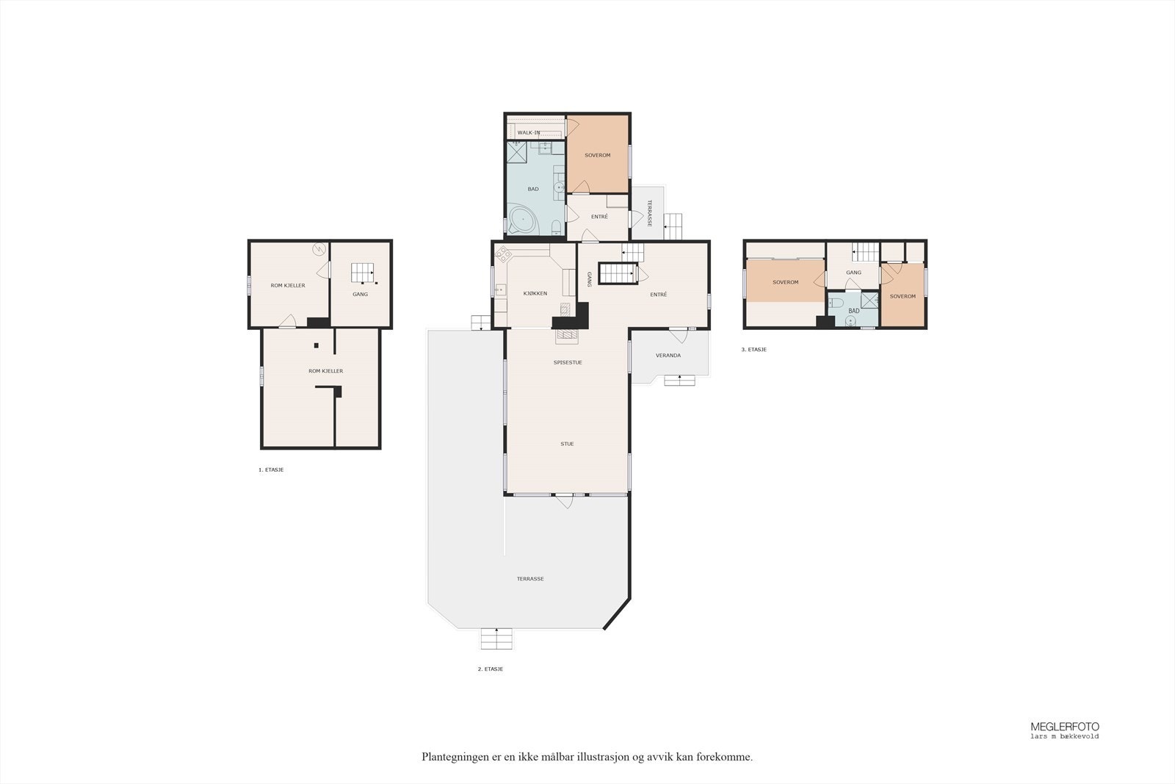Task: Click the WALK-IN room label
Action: coord(528,133)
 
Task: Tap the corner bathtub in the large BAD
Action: coord(523,220)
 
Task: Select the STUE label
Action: coord(567,444)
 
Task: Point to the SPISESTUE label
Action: coord(568,363)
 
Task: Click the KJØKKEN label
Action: coord(535,293)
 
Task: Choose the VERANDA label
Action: coord(668,356)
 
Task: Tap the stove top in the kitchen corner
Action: coord(503,254)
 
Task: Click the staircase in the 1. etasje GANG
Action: coord(363,273)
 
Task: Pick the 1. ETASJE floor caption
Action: coord(271,470)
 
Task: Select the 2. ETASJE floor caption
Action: coord(491,669)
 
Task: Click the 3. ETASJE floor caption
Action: coord(753,350)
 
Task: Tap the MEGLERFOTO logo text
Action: coord(1065,727)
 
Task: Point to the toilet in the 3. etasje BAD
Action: coord(836,303)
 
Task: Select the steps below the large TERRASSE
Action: coord(496,639)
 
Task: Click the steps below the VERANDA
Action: coord(679,380)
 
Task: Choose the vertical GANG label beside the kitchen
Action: coord(589,279)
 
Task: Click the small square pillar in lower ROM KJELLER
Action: coord(317,345)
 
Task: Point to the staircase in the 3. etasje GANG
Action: coord(865,253)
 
